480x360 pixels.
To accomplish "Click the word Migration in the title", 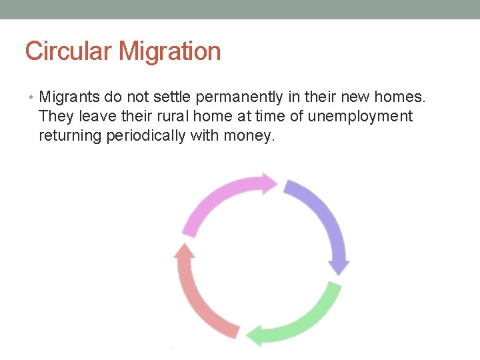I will pyautogui.click(x=171, y=51).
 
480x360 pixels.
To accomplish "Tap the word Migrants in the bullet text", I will pyautogui.click(x=69, y=98).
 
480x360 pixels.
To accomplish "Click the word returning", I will pyautogui.click(x=70, y=136).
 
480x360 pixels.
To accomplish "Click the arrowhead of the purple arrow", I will pyautogui.click(x=340, y=266).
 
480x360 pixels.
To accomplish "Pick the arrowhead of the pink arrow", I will pyautogui.click(x=269, y=183).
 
